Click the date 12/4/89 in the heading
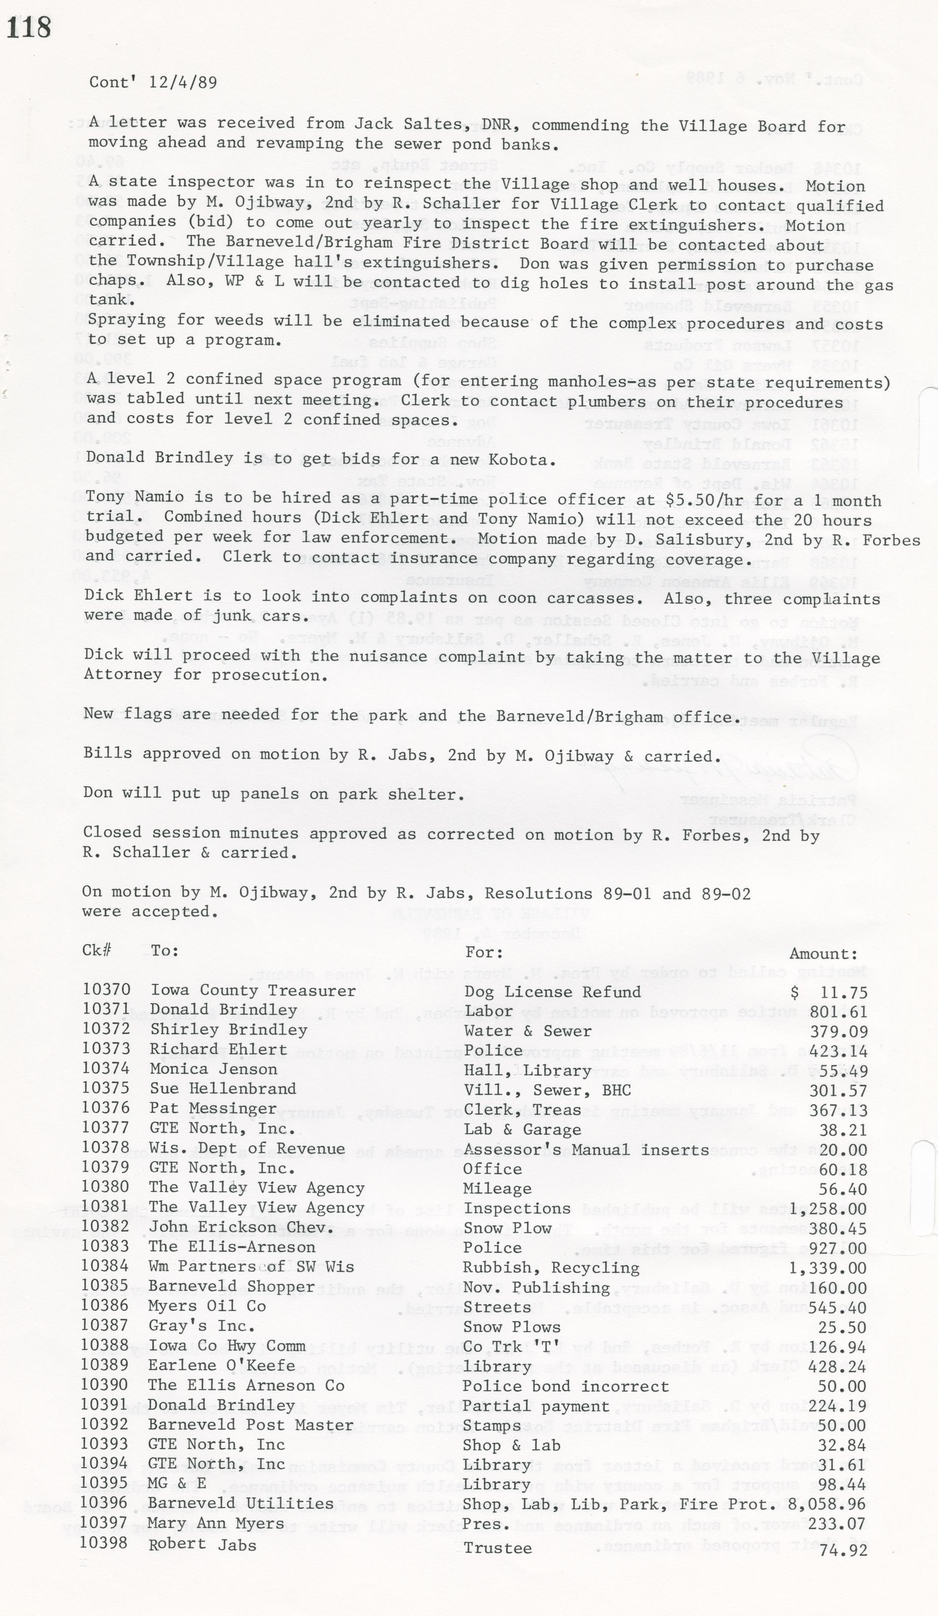[x=183, y=82]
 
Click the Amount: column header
[x=823, y=954]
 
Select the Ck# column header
[x=97, y=950]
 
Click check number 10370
[x=106, y=989]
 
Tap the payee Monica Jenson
[x=214, y=1069]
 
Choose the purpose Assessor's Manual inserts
[x=586, y=1150]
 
